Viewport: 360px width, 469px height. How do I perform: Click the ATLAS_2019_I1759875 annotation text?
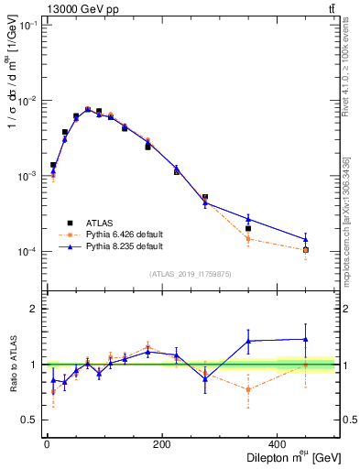point(190,274)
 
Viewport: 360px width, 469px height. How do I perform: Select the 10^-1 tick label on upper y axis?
point(27,26)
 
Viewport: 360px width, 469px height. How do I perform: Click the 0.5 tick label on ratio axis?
point(30,420)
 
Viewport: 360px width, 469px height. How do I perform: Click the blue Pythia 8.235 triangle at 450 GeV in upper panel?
point(306,239)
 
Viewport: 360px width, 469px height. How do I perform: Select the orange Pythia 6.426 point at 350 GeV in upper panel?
point(248,238)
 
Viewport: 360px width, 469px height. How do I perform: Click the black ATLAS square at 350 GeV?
point(248,228)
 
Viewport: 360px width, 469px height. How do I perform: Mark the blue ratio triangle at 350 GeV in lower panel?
point(248,341)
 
